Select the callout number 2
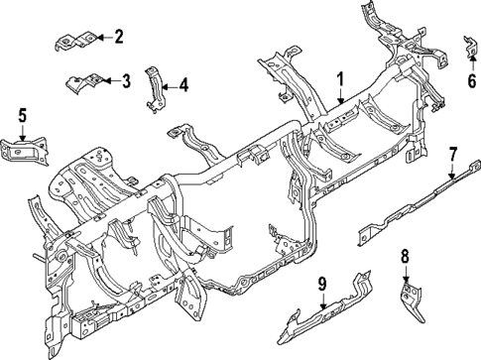pyautogui.click(x=118, y=38)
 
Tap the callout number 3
pyautogui.click(x=126, y=80)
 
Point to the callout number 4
pyautogui.click(x=182, y=86)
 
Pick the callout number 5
pyautogui.click(x=21, y=117)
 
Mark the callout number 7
pyautogui.click(x=452, y=154)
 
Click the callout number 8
pyautogui.click(x=405, y=257)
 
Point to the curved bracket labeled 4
pyautogui.click(x=155, y=87)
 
